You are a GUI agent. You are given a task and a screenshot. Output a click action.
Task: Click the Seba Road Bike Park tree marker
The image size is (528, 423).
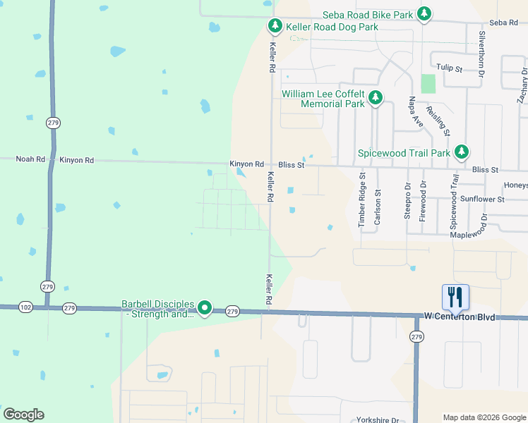pos(424,14)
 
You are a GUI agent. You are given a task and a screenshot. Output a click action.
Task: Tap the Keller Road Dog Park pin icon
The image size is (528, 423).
pos(275,27)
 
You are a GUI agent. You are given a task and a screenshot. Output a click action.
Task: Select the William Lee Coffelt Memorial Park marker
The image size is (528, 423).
pos(376,99)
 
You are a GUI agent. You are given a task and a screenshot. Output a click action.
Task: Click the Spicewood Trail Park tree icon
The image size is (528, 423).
pos(462,152)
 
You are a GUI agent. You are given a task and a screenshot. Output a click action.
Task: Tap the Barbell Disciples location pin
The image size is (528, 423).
pos(205,308)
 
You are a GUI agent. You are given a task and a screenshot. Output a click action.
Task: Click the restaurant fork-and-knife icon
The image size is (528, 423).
pos(455,297)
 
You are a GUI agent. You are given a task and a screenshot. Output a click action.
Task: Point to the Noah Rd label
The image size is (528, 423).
pos(30,159)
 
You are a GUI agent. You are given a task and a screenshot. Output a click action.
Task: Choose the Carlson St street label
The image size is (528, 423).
pos(378,207)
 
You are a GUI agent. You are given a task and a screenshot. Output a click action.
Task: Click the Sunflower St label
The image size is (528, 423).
pos(481,200)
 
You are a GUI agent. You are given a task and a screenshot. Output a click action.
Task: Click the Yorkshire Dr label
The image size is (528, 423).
pos(378,418)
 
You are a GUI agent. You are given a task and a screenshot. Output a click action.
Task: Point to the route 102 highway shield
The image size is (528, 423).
pos(25,307)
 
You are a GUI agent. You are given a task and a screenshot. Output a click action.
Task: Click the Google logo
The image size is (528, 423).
pos(23,415)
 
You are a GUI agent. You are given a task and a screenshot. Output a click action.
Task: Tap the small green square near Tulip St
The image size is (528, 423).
pos(428,84)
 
